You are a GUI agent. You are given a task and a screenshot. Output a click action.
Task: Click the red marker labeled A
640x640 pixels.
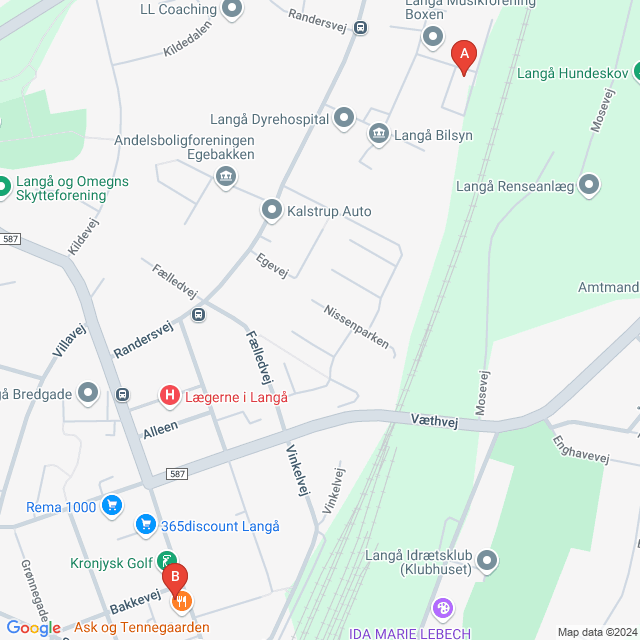(x=463, y=56)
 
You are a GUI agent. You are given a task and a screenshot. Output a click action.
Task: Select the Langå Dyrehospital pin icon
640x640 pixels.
(x=344, y=118)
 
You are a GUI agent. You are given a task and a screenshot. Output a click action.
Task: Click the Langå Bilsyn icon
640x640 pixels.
(x=378, y=134)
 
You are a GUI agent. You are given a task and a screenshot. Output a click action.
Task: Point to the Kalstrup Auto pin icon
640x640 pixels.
(x=271, y=210)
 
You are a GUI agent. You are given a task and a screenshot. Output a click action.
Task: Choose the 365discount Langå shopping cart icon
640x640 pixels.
(x=146, y=525)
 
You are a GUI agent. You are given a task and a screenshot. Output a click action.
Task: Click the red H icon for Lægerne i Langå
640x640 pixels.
(x=170, y=396)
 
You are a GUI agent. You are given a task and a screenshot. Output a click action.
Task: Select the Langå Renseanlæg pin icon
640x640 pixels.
(x=589, y=185)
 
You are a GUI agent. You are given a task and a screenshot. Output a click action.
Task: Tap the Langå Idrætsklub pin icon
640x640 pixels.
(x=487, y=560)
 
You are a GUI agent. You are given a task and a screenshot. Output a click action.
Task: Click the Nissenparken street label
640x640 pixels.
(x=355, y=325)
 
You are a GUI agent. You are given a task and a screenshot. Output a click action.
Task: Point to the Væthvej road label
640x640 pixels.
(x=433, y=423)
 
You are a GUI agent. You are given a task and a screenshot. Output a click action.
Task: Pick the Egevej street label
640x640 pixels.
(x=272, y=264)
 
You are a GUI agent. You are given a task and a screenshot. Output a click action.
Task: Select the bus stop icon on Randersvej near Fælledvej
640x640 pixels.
(x=198, y=316)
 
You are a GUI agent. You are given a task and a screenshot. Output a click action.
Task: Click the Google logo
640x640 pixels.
(x=33, y=627)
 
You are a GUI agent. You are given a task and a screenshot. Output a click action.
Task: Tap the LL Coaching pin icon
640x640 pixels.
(x=233, y=10)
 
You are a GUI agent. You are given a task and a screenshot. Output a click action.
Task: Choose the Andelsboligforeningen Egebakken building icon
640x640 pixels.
(x=225, y=177)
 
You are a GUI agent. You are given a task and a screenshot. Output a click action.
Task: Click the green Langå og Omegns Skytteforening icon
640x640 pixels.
(x=3, y=185)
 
